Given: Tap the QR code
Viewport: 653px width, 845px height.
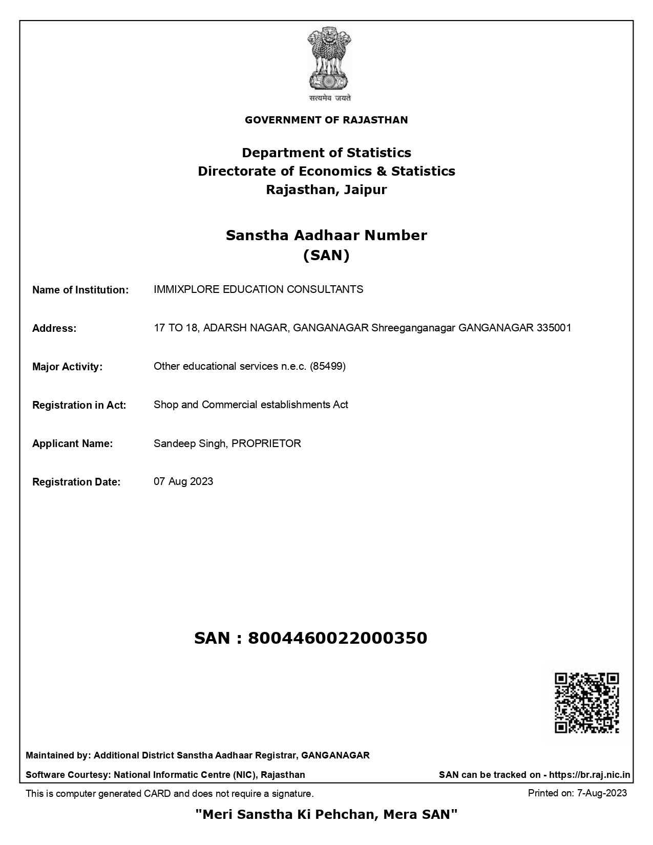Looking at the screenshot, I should [x=586, y=703].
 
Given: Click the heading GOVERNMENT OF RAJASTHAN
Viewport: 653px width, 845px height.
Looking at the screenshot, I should [x=326, y=120].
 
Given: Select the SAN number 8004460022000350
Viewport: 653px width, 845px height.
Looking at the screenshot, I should [x=337, y=638].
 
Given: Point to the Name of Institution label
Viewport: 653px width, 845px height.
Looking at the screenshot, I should [x=80, y=290].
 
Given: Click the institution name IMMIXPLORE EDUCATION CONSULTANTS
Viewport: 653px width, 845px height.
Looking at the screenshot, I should [x=258, y=289].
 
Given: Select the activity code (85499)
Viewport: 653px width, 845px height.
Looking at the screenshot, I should [x=328, y=366].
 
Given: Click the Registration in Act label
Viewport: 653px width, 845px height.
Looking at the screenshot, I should [x=79, y=405].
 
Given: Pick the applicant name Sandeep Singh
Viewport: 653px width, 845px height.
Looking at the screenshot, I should [x=189, y=443].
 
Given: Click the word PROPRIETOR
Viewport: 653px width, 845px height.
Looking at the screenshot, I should [x=266, y=443].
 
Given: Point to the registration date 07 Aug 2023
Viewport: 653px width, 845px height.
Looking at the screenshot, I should [x=183, y=481].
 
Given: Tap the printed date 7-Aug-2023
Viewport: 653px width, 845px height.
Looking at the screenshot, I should [x=602, y=793].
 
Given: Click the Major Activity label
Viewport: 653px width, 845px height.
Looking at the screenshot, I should [x=67, y=367].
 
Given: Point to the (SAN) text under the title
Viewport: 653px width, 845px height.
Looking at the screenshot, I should [x=326, y=255].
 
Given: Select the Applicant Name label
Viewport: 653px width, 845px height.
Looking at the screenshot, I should [x=72, y=443].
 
